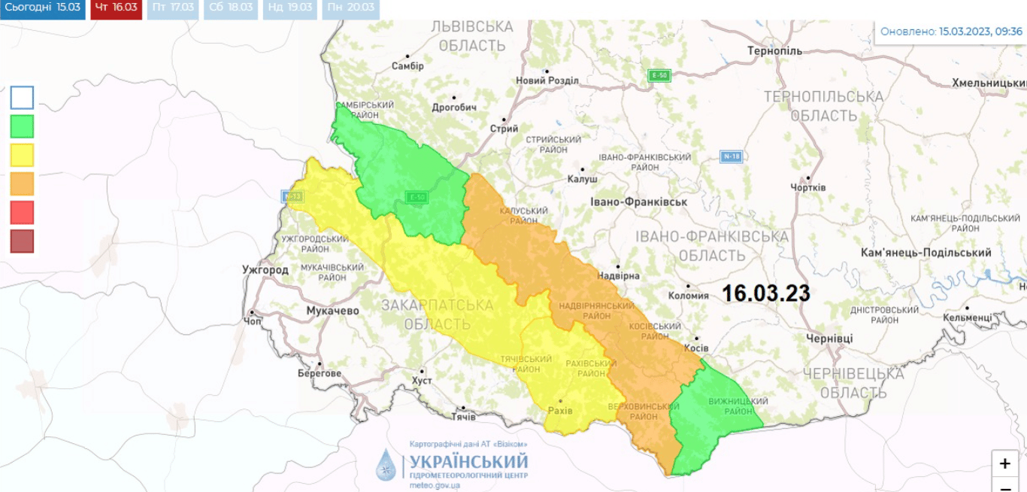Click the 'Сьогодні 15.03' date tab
[x=43, y=8]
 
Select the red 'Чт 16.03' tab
[x=116, y=8]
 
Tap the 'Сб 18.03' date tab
[x=230, y=8]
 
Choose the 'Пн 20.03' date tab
[x=350, y=8]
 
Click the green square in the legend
[x=22, y=126]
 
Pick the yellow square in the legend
[x=22, y=154]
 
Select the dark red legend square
[x=22, y=241]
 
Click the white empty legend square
[x=22, y=97]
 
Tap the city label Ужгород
[x=265, y=269]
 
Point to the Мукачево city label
[x=332, y=311]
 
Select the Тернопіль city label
[x=774, y=51]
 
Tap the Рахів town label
[x=560, y=411]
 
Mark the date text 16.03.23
[x=766, y=293]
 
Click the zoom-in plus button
[x=1005, y=463]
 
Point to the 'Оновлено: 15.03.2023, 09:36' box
[x=950, y=32]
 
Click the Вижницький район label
[x=729, y=406]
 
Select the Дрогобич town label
[x=454, y=108]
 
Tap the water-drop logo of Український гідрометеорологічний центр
[x=386, y=465]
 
